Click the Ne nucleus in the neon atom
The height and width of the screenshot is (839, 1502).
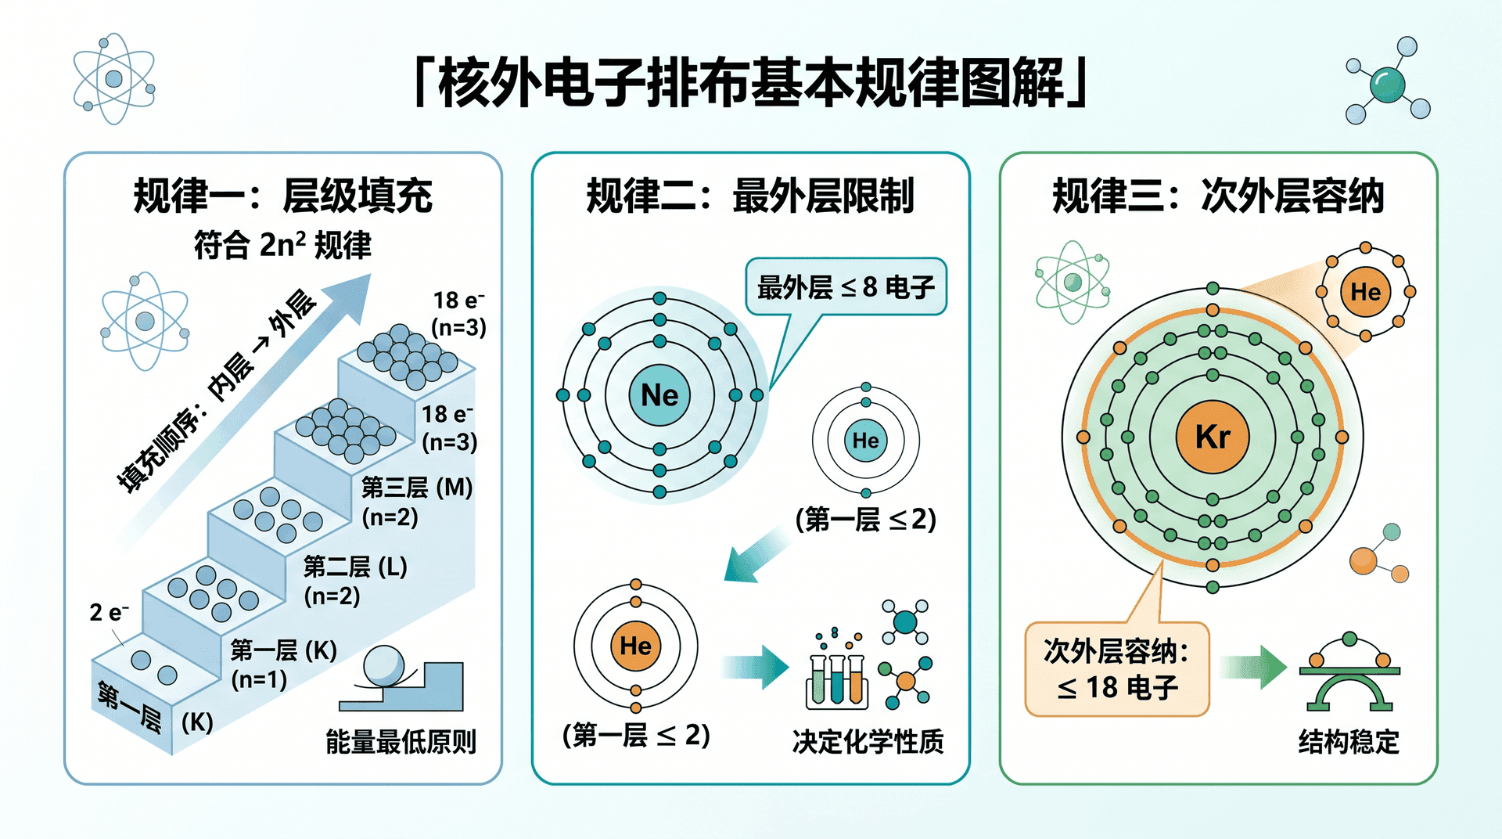(659, 394)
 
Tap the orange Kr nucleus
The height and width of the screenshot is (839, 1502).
(1213, 437)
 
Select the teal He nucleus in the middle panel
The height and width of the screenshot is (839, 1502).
(865, 440)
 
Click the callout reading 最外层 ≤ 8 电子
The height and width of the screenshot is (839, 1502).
(846, 287)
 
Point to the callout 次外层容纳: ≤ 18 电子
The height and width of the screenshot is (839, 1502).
(1117, 669)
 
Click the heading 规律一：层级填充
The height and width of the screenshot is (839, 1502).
(282, 196)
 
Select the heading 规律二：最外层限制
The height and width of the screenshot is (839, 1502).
(750, 196)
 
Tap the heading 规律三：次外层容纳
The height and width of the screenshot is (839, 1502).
(1218, 196)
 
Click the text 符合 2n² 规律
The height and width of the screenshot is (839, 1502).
(282, 245)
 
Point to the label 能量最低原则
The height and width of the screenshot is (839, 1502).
(401, 741)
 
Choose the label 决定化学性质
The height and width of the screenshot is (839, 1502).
(868, 741)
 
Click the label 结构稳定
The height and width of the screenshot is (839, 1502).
(1349, 741)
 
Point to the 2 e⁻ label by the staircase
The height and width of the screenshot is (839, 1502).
(109, 612)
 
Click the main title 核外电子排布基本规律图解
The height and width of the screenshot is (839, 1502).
(751, 81)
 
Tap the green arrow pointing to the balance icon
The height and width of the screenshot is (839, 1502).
(1253, 668)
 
